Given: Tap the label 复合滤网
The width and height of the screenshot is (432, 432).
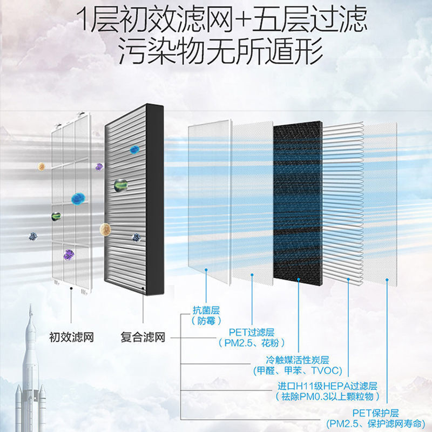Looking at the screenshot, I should [143, 338].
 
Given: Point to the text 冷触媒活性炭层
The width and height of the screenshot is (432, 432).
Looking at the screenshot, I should [293, 360].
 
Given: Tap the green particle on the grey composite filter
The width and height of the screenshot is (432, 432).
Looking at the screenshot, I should [120, 185].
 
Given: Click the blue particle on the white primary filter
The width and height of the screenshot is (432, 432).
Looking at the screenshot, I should [79, 198].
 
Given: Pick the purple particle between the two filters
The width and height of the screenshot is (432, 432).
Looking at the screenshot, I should [99, 167].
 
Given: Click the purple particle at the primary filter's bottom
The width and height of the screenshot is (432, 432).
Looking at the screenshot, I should [69, 254].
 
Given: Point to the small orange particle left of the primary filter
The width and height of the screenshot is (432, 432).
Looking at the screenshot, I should [42, 167].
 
